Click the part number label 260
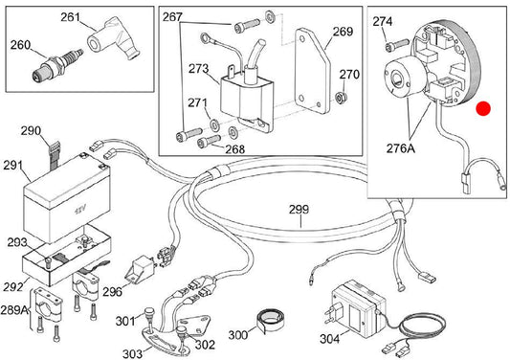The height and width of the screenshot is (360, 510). [x=20, y=45]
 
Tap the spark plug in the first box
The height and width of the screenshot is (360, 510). [x=57, y=65]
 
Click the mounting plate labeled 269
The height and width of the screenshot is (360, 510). [x=312, y=71]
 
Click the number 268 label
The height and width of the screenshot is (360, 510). [x=234, y=149]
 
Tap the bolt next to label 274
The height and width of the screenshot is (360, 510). [x=397, y=45]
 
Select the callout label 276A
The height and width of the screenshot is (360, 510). [x=401, y=148]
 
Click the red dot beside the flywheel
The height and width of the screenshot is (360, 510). [x=483, y=109]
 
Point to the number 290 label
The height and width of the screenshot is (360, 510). [x=31, y=131]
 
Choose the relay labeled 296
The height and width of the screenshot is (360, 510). [x=141, y=267]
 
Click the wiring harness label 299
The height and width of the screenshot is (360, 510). [x=299, y=210]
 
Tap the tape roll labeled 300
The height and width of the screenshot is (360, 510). [x=270, y=321]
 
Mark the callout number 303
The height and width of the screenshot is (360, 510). [x=132, y=353]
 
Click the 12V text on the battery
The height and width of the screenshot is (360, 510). [x=80, y=210]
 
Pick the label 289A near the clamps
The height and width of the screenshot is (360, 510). [x=14, y=310]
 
